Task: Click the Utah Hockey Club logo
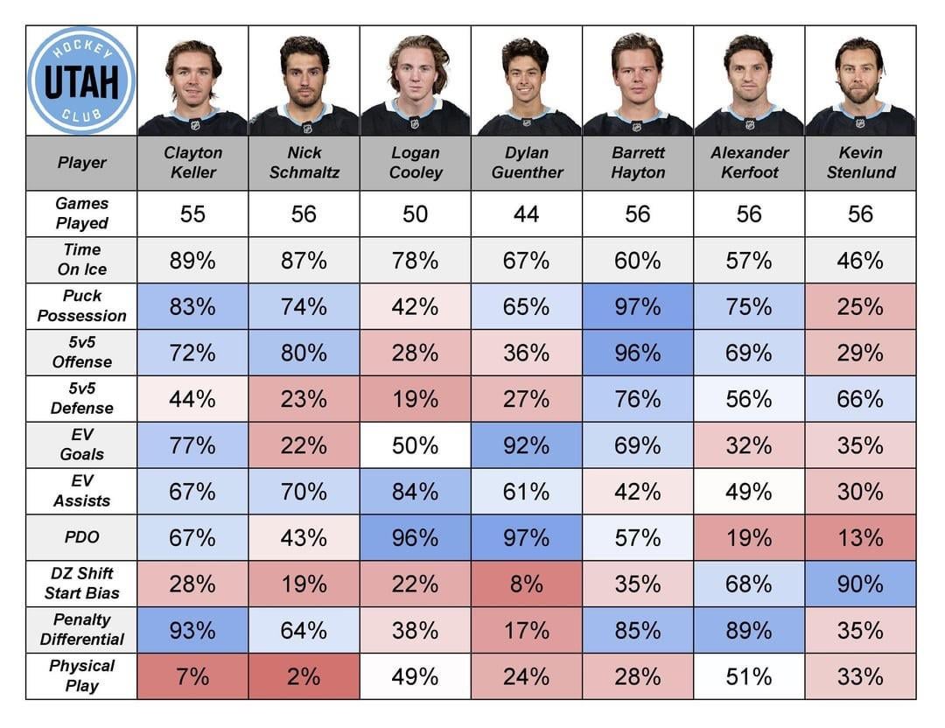click(81, 80)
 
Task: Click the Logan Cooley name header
click(415, 163)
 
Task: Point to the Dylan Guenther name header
click(526, 163)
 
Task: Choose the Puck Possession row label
click(81, 306)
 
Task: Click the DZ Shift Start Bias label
click(81, 584)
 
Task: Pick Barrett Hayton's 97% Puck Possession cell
click(637, 306)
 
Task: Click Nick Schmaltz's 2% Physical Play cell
click(304, 676)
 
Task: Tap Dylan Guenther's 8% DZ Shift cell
click(526, 584)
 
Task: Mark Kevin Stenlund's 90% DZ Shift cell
click(860, 584)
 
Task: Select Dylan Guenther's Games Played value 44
click(526, 214)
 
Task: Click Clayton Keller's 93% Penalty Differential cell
click(192, 630)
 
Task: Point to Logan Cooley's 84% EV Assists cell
click(415, 492)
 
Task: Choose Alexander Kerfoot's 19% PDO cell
click(749, 538)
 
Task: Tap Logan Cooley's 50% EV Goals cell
click(415, 445)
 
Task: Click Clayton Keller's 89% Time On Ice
click(192, 261)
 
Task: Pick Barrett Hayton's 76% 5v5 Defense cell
click(637, 399)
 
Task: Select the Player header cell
click(81, 163)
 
